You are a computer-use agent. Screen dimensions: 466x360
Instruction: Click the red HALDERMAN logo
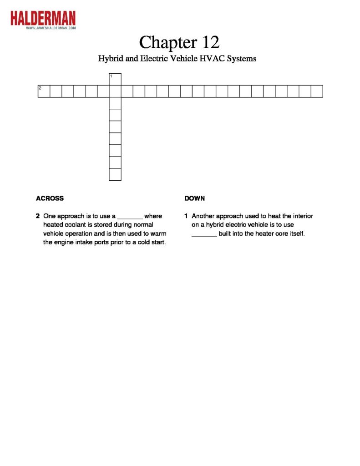(43, 18)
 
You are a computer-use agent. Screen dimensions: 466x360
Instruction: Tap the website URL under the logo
(51, 28)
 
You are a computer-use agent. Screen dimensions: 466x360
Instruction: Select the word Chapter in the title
(165, 42)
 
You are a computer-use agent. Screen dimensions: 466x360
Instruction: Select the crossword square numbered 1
(115, 79)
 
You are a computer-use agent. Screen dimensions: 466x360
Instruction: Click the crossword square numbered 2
(44, 91)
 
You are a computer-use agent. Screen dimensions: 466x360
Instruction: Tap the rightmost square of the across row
(317, 91)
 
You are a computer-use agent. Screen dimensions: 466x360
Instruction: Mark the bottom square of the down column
(115, 174)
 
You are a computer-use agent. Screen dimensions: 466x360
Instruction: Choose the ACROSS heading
(50, 198)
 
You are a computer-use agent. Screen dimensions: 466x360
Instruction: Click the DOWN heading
(195, 198)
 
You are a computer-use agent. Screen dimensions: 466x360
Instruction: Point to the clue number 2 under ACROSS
(38, 216)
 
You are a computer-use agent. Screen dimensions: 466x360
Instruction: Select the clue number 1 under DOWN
(187, 216)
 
